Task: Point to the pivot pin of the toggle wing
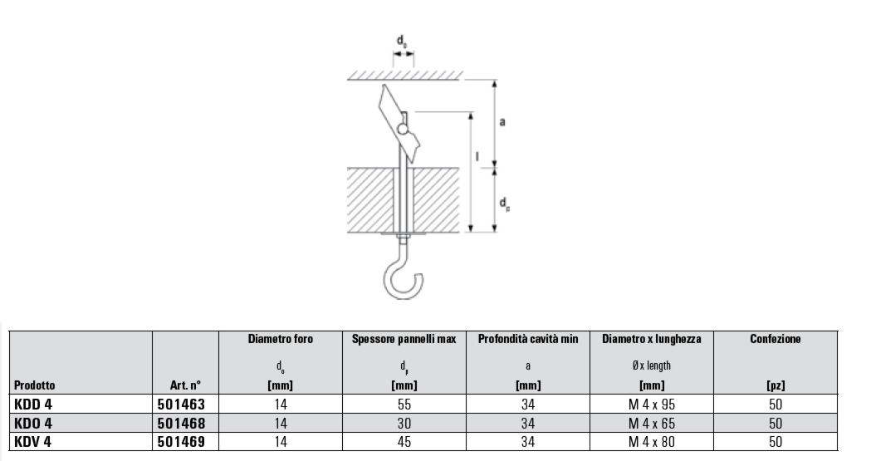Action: pyautogui.click(x=403, y=130)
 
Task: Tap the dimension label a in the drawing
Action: pyautogui.click(x=502, y=121)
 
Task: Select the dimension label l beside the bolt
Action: pyautogui.click(x=477, y=157)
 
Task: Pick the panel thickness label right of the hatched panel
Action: pyautogui.click(x=504, y=204)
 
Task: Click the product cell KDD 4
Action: pyautogui.click(x=32, y=404)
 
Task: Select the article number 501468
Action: pyautogui.click(x=181, y=424)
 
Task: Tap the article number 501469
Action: pyautogui.click(x=181, y=442)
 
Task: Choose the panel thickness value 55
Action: pyautogui.click(x=404, y=404)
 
